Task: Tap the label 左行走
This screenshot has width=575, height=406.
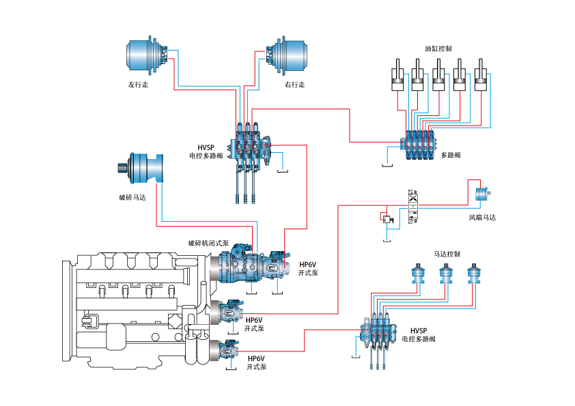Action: (x=138, y=85)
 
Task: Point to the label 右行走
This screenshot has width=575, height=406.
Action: (x=294, y=85)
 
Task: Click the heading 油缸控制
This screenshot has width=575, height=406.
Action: (x=438, y=49)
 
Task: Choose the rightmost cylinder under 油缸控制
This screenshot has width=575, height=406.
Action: (x=481, y=77)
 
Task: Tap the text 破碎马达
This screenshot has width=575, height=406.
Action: (x=132, y=198)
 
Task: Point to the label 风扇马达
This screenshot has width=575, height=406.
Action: (x=482, y=218)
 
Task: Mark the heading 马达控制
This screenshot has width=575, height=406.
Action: (x=447, y=254)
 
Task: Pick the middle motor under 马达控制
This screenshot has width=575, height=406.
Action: (x=447, y=274)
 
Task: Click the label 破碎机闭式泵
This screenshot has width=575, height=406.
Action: (x=209, y=243)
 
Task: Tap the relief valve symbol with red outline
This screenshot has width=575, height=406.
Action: (x=387, y=218)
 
